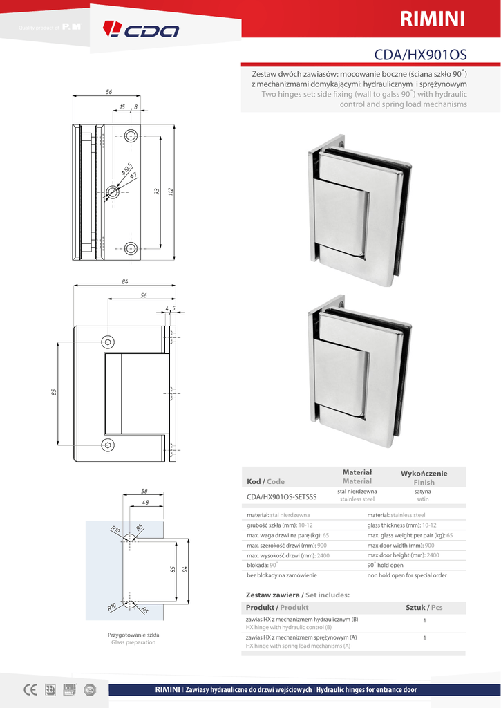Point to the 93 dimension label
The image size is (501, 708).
point(156,191)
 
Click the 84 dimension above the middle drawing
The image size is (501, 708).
point(125,281)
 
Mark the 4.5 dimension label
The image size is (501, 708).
point(170,308)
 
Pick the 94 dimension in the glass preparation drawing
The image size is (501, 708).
point(185,570)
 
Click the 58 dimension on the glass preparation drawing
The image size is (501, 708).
point(144,491)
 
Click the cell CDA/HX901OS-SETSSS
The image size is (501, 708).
point(281,496)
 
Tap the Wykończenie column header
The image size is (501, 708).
point(424,477)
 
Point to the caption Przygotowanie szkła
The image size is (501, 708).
point(133,634)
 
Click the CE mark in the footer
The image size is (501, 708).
point(30,689)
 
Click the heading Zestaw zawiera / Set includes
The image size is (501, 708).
point(298,595)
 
